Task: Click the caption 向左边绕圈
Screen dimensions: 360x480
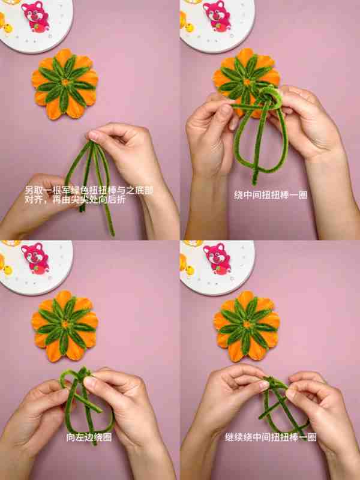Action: point(89,437)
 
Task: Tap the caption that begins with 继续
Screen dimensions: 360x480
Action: point(271,437)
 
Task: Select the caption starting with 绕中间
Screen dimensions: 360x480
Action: point(271,195)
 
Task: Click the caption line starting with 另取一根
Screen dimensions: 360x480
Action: point(89,191)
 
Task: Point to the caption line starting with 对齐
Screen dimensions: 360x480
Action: point(75,200)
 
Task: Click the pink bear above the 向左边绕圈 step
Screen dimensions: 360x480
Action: point(35,258)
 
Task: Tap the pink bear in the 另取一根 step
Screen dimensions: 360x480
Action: point(35,16)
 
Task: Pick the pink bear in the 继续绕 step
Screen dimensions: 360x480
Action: point(217,258)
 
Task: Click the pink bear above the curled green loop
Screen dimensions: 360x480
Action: point(217,16)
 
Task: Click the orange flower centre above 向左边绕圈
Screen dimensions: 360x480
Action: point(65,324)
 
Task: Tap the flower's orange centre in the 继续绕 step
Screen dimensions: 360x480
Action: point(247,325)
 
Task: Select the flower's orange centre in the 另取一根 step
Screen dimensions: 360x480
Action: point(65,82)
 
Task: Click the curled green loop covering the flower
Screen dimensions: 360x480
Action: point(271,97)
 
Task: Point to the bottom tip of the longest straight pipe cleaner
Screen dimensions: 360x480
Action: point(113,235)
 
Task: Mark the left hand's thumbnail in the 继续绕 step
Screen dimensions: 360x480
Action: point(264,385)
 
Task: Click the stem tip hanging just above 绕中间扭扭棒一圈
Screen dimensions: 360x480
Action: point(254,183)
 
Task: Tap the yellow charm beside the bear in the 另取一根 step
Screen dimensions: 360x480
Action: point(8,28)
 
